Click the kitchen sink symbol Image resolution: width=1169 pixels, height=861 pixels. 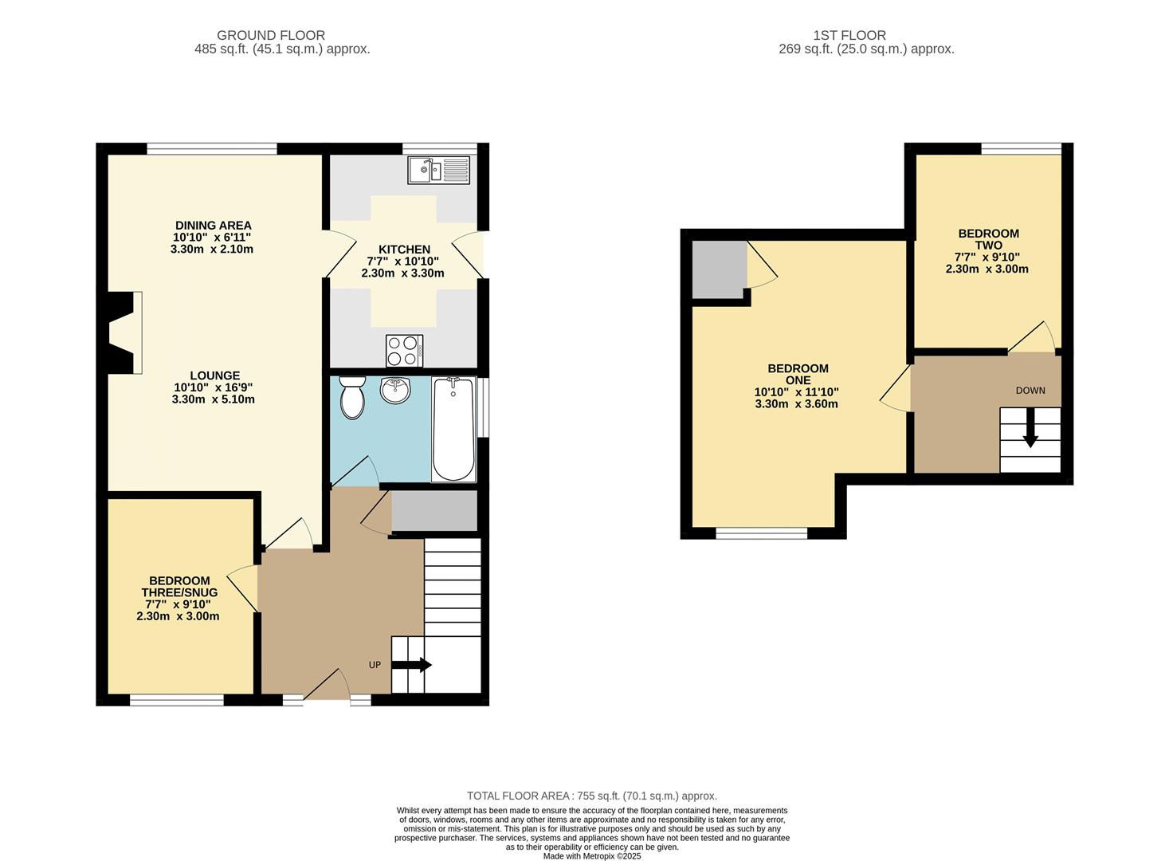click(x=439, y=170)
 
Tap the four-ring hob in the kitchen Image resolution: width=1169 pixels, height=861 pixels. click(x=404, y=351)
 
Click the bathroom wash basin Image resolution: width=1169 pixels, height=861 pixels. click(x=395, y=390)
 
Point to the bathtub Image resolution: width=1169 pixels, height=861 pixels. click(x=453, y=430)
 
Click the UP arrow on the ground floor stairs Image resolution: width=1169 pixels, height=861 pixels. click(x=411, y=665)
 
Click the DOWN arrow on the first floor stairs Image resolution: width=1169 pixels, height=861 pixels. click(x=1030, y=427)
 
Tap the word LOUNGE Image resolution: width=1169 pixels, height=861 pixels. click(x=214, y=375)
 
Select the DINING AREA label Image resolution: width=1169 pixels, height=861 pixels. click(x=213, y=226)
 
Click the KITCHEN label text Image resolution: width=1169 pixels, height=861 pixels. click(x=404, y=250)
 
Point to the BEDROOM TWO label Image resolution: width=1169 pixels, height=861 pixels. click(x=988, y=239)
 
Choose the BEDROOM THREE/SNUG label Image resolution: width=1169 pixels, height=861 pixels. click(x=179, y=587)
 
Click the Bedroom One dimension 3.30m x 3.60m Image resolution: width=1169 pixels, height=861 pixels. click(x=797, y=404)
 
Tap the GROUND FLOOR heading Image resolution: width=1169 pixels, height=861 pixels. click(x=271, y=35)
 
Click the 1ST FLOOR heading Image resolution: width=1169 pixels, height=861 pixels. click(x=849, y=35)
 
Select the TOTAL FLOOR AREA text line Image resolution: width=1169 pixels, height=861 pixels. click(x=591, y=796)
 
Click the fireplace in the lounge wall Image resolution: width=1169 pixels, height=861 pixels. click(x=121, y=332)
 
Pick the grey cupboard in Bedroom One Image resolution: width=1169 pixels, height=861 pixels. click(x=718, y=269)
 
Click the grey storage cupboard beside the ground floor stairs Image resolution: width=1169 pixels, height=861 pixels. click(x=434, y=511)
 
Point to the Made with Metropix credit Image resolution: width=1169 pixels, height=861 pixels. click(x=591, y=856)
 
